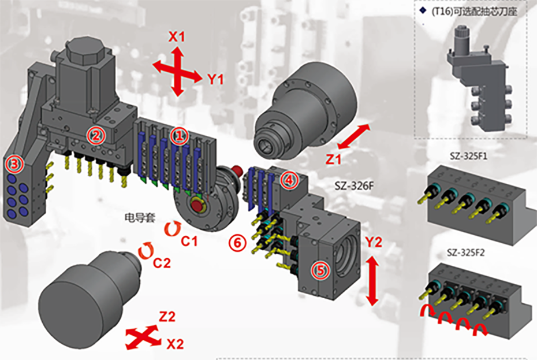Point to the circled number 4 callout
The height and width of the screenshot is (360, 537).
click(287, 180)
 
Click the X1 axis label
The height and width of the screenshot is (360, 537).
click(177, 37)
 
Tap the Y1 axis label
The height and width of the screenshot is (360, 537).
click(215, 79)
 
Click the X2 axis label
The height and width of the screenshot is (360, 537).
click(175, 344)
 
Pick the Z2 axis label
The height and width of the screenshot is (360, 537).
click(167, 316)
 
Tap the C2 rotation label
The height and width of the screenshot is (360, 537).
click(162, 263)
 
